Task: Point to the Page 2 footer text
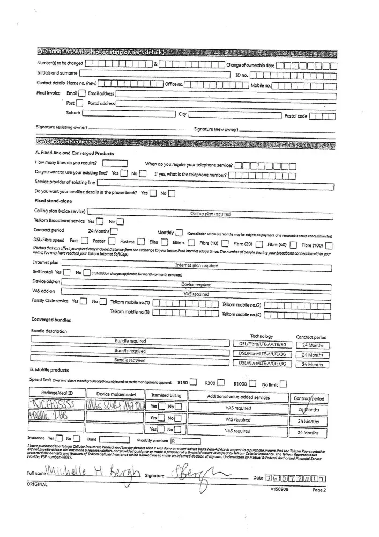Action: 319,490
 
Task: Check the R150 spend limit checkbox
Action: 194,383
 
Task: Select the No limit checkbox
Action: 284,383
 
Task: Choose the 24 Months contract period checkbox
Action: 114,231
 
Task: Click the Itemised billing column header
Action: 167,396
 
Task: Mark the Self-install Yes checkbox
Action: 67,273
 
